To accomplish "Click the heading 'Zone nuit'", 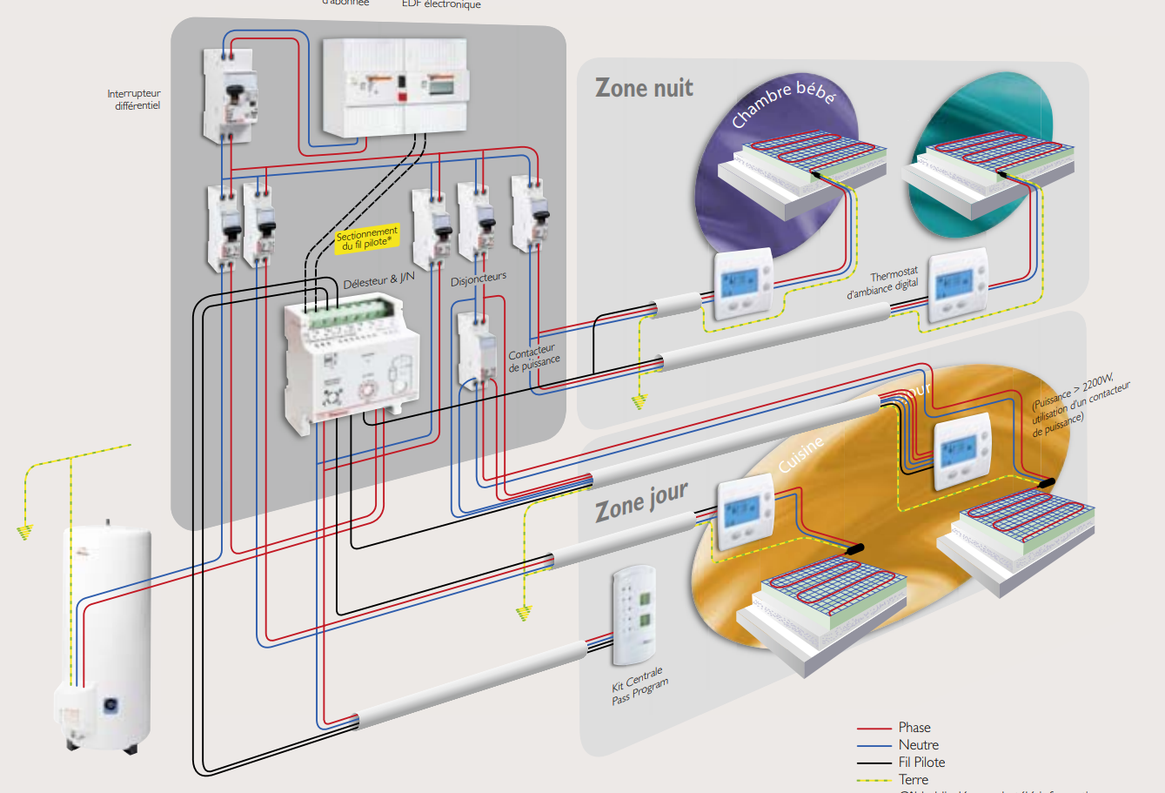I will (x=644, y=88).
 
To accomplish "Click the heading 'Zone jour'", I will (x=641, y=502).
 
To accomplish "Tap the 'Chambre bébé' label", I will (x=782, y=104).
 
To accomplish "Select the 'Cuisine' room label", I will (x=800, y=455).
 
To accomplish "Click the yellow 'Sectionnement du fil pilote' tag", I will (x=367, y=239).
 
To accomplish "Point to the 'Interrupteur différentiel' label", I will (x=134, y=100).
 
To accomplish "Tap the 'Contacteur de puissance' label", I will (x=533, y=358).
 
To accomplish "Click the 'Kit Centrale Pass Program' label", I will (x=639, y=686).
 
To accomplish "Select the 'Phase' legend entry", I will (x=914, y=728).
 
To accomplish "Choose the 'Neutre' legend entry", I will (x=918, y=745).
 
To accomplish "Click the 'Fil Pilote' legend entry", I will (x=921, y=763).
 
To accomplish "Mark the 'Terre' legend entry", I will (x=914, y=780).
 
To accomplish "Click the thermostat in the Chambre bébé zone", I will (x=743, y=284).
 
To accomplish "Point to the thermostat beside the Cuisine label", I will (x=745, y=515).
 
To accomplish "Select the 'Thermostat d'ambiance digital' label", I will (x=882, y=283).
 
